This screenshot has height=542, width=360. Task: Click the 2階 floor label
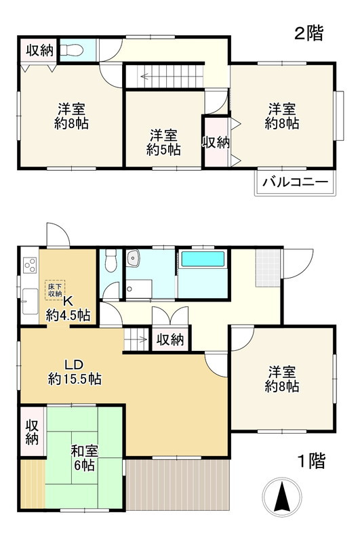(308, 33)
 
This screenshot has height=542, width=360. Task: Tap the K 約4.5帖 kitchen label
(68, 308)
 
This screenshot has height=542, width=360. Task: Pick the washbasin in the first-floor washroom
(133, 257)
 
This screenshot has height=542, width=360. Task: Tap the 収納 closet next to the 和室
(32, 431)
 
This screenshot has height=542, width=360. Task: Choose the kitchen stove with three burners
(29, 266)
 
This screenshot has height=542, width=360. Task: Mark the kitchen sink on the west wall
(29, 301)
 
